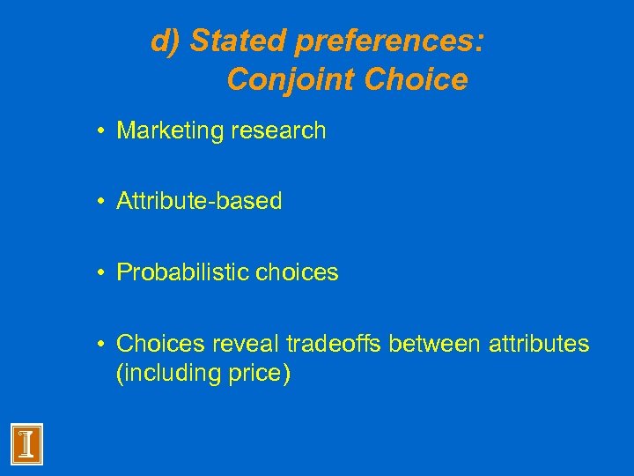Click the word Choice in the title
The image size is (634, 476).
(x=415, y=79)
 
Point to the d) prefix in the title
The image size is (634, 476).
(x=167, y=41)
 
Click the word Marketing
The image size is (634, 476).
(x=169, y=131)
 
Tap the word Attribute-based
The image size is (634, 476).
(x=199, y=201)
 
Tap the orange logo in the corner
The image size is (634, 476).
(x=27, y=443)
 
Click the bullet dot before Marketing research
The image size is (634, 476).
(x=103, y=132)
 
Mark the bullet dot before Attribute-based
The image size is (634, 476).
(x=103, y=202)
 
